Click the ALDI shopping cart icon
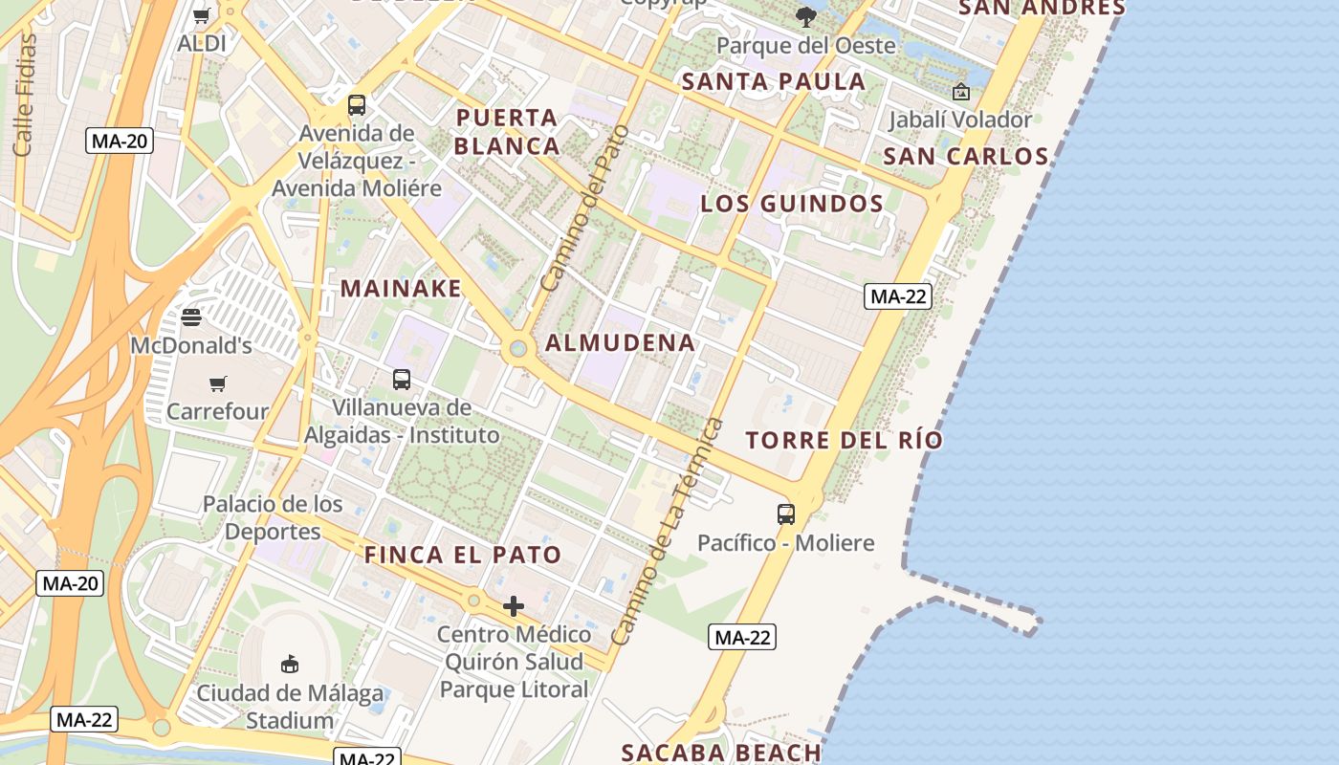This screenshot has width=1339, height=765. pyautogui.click(x=202, y=15)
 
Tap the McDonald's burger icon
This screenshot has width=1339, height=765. pyautogui.click(x=191, y=317)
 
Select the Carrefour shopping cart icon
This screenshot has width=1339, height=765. pyautogui.click(x=218, y=383)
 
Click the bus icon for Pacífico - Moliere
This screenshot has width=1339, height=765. pyautogui.click(x=786, y=514)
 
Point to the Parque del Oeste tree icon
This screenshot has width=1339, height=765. pyautogui.click(x=806, y=16)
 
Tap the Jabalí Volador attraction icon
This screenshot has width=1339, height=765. pyautogui.click(x=961, y=92)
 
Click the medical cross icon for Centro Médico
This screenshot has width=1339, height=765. pyautogui.click(x=514, y=606)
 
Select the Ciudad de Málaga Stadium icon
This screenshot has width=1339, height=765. pyautogui.click(x=290, y=664)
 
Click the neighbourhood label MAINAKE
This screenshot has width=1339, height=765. pyautogui.click(x=401, y=288)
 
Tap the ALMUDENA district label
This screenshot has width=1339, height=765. pyautogui.click(x=620, y=342)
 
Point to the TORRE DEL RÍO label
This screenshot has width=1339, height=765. pyautogui.click(x=844, y=440)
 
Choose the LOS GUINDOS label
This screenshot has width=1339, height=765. pyautogui.click(x=792, y=203)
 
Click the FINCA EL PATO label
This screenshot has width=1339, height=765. pyautogui.click(x=463, y=555)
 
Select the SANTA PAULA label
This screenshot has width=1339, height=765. pyautogui.click(x=774, y=81)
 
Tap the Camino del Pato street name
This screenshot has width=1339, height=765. pyautogui.click(x=584, y=208)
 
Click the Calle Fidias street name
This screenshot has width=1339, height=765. pyautogui.click(x=24, y=96)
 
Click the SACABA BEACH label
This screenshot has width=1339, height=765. pyautogui.click(x=721, y=753)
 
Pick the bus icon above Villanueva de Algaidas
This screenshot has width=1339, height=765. pyautogui.click(x=402, y=380)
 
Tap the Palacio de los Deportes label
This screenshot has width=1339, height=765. pyautogui.click(x=273, y=517)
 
